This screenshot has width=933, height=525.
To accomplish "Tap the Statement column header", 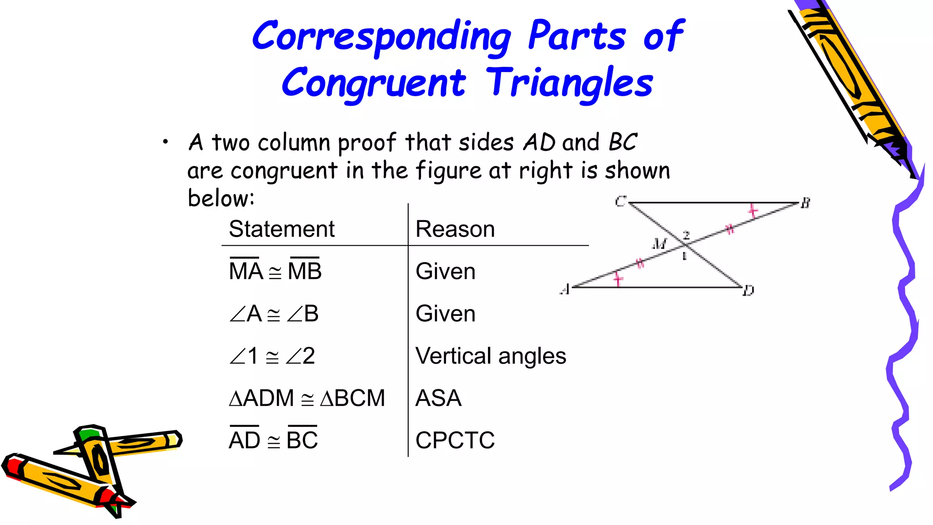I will click(282, 229).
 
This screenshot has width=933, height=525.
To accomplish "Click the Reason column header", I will click(455, 229).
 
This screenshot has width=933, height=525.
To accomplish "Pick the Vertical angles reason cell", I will click(491, 356).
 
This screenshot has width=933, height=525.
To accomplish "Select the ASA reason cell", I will click(438, 398).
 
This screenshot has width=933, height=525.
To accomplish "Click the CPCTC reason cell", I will click(455, 440).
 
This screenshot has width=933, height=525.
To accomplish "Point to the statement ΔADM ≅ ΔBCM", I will click(307, 398).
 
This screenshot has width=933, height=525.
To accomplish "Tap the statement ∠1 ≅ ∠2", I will click(272, 356).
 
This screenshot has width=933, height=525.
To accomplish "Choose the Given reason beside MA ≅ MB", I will click(445, 272).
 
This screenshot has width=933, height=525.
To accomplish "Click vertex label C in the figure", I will click(620, 201).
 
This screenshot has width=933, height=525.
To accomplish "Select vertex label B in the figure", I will click(805, 203).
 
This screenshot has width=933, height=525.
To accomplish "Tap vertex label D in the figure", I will click(748, 291).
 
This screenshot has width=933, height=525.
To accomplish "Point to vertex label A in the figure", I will click(565, 289).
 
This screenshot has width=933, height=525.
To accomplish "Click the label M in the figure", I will click(659, 243).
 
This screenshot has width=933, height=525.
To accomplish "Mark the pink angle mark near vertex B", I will click(753, 211).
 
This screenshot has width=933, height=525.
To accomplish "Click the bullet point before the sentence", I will click(165, 142).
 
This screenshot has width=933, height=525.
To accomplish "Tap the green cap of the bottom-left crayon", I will click(88, 433).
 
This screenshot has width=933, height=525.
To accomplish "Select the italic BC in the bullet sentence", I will click(622, 142).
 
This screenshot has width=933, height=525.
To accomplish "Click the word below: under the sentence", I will click(221, 198).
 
